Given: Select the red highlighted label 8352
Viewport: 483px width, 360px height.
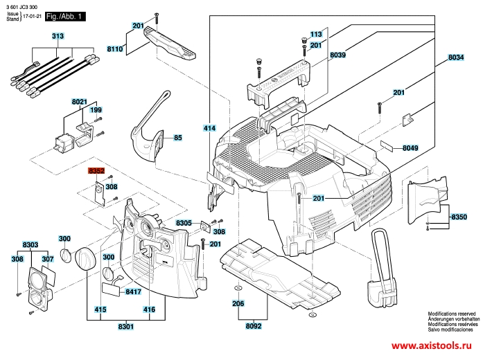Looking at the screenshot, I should [x=95, y=170].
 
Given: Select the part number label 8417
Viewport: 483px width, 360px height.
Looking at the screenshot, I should [x=134, y=292].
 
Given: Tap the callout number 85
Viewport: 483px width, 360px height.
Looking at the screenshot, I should [x=178, y=138].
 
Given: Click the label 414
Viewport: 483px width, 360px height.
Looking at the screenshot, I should [x=209, y=128].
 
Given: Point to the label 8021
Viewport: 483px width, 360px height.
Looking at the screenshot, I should [x=79, y=101].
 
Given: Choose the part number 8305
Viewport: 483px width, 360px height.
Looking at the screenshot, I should [x=184, y=223].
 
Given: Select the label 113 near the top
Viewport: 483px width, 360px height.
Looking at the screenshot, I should [x=317, y=34].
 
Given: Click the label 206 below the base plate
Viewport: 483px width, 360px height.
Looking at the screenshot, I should [x=238, y=304].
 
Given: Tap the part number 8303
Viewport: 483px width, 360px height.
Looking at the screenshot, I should [x=30, y=244].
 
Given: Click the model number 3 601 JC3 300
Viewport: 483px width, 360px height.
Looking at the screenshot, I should [x=22, y=6].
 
